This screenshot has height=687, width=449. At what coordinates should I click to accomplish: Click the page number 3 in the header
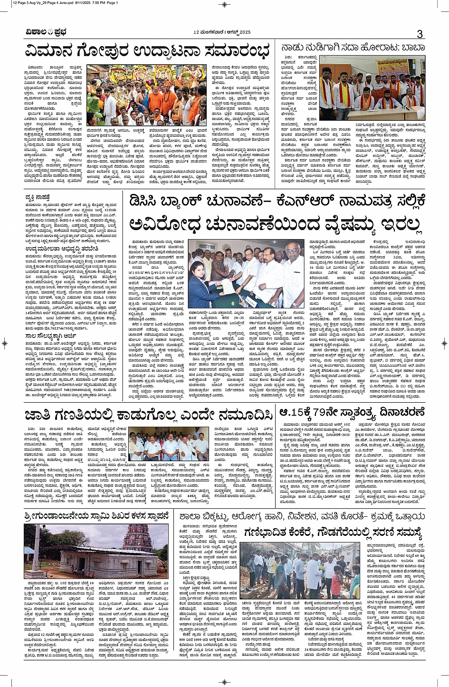(x=420, y=34)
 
